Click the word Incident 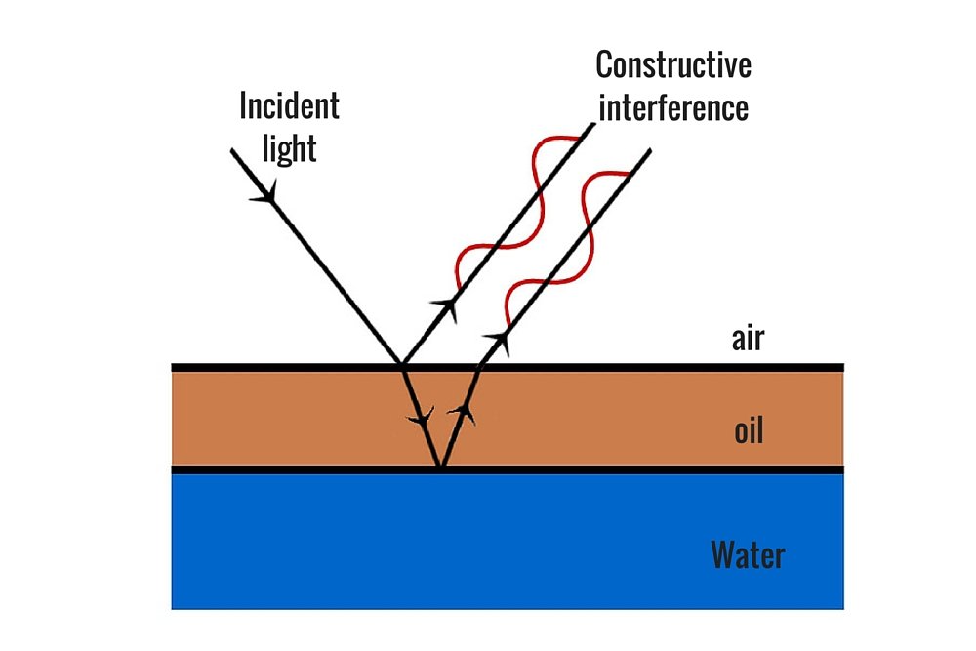pos(289,105)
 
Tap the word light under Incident pos(290,147)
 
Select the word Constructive pos(673,65)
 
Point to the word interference pos(673,107)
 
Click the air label pos(748,340)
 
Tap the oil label pos(748,430)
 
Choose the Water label pos(748,555)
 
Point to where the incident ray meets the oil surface pos(401,366)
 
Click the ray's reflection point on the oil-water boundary pos(440,468)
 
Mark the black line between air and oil pos(634,367)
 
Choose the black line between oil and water pos(634,469)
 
